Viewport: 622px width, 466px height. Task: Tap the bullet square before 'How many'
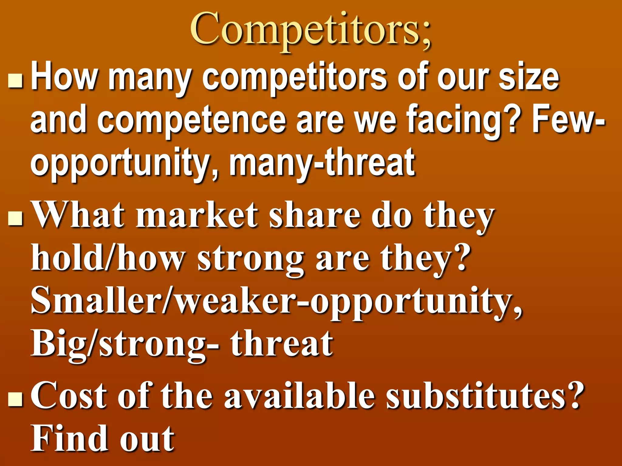(15, 80)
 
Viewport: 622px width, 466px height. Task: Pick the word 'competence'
(191, 121)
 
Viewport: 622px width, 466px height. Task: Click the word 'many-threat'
(322, 162)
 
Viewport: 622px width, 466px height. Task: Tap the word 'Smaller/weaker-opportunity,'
(276, 302)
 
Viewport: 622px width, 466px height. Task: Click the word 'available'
(299, 396)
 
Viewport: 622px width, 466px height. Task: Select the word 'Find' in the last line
(70, 438)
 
